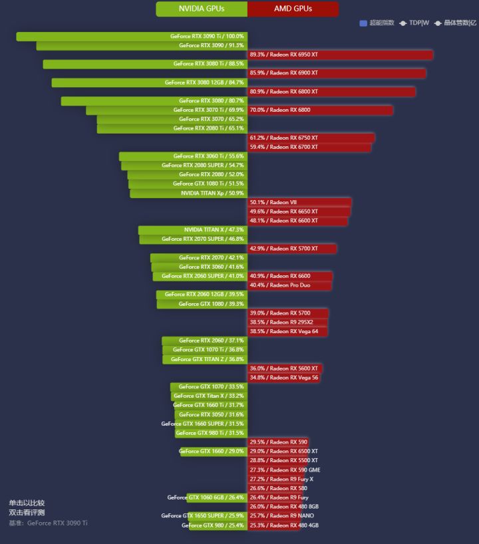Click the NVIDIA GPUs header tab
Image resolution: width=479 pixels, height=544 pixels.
202,9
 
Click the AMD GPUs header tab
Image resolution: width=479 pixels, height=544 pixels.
293,9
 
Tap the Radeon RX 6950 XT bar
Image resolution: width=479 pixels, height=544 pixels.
340,55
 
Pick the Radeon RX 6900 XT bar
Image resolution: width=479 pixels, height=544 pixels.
337,73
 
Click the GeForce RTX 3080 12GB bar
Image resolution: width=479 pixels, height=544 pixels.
149,82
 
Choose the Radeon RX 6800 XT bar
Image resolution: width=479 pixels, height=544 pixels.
331,92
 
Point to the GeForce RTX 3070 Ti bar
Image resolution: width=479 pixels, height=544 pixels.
166,110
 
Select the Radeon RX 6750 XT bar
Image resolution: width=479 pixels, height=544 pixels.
311,138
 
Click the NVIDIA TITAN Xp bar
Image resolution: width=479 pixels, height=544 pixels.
188,194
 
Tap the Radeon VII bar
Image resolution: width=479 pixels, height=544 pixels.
299,202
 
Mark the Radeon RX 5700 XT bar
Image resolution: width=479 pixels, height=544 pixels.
292,249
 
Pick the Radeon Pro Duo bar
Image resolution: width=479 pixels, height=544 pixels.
289,285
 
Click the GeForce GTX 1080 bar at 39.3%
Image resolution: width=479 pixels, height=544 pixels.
202,304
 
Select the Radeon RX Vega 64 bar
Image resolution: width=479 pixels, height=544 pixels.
287,331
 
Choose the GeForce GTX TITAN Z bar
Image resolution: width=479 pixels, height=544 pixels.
204,359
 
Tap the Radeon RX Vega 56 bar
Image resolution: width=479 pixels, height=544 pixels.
284,378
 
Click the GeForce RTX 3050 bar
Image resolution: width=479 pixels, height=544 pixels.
211,414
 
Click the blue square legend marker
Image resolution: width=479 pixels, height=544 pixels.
363,23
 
